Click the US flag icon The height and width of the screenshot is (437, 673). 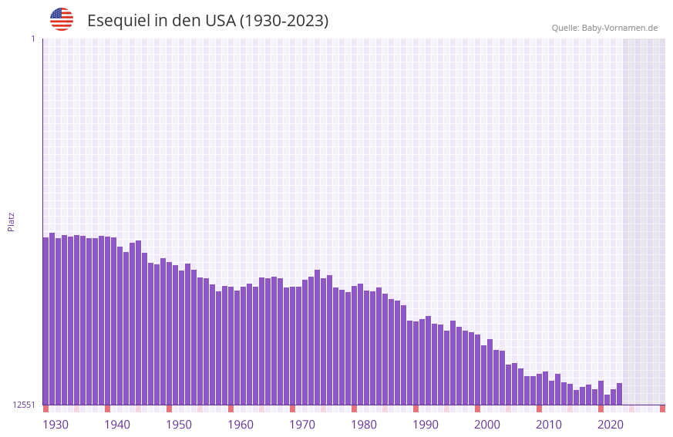coord(62,19)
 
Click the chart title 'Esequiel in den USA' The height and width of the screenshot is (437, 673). coord(207,21)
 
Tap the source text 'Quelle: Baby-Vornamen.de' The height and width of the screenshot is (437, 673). coord(604,28)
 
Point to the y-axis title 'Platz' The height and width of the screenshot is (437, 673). coord(11,221)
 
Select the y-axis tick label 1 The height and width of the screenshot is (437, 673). coord(32,39)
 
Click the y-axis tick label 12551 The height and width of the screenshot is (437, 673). coord(24,405)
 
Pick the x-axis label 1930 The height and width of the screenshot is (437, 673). coord(56,425)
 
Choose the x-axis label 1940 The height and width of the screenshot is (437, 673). coord(117,425)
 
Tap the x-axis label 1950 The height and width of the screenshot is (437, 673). coord(179,425)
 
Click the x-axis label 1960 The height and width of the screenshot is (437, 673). coord(241,425)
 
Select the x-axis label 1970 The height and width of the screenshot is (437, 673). coord(302,425)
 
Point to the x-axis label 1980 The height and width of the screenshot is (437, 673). coord(364,425)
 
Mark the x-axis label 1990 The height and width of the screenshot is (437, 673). coord(426,425)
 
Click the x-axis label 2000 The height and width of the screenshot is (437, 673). coord(487,425)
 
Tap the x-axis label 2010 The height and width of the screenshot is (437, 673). coord(549,425)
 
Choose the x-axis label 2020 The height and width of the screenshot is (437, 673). coord(611,425)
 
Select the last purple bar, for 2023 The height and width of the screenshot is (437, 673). coord(619,394)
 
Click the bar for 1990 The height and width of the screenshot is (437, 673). coord(416,362)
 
